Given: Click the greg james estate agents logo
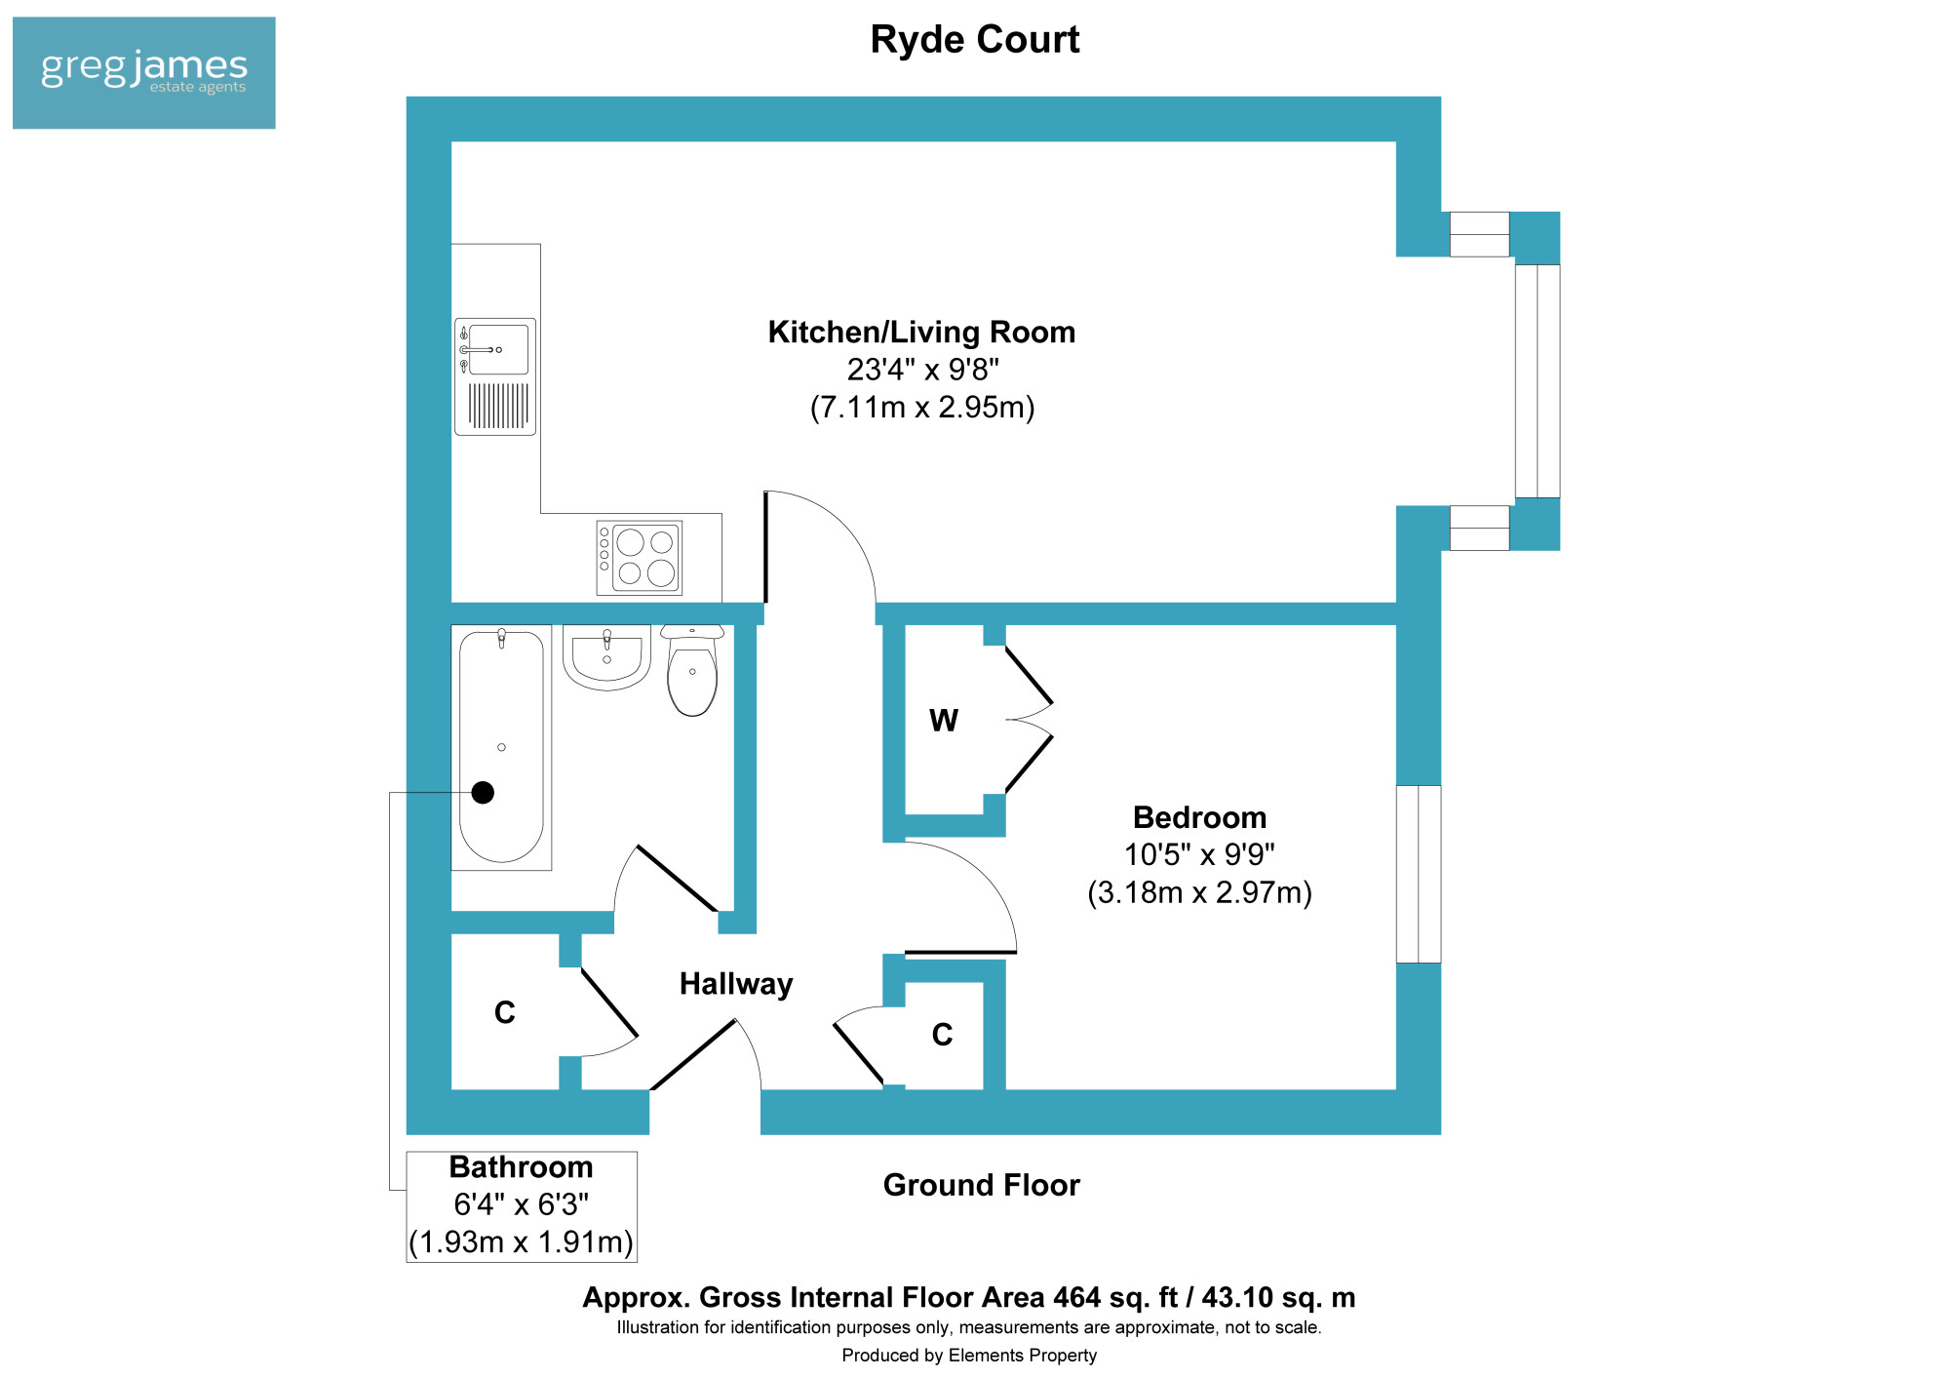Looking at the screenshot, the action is click(144, 73).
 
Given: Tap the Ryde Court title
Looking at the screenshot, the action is click(975, 40).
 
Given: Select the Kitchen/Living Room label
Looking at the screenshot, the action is click(921, 333).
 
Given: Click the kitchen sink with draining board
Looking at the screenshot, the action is click(495, 376).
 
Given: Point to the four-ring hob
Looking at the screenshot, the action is click(640, 558).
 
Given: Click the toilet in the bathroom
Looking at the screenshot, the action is click(692, 671).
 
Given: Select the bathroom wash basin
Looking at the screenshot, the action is click(606, 657).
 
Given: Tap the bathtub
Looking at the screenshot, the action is click(501, 747).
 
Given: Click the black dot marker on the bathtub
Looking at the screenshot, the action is click(483, 793).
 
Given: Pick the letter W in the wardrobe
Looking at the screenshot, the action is click(944, 721).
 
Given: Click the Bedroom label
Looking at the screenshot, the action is click(1199, 817).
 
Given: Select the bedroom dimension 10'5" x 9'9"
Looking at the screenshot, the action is click(1199, 855).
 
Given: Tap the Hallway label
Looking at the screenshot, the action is click(736, 984).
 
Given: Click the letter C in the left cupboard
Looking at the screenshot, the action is click(505, 1013).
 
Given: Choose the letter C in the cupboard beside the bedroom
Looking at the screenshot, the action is click(942, 1035).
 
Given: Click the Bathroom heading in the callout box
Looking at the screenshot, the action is click(521, 1167).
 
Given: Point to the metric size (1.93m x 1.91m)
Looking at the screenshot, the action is click(521, 1242).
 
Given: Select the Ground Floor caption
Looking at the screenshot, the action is click(982, 1185).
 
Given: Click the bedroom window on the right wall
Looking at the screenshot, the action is click(1419, 874).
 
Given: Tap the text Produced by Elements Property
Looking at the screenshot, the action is click(969, 1356).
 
